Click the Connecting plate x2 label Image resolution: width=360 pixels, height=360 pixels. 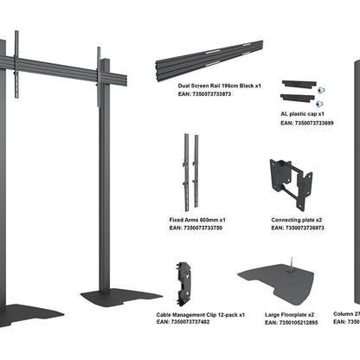[x=299, y=220]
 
